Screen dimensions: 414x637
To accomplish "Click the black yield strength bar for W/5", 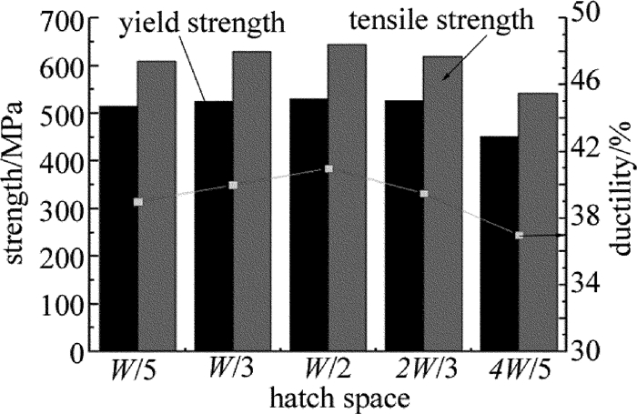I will pyautogui.click(x=119, y=227).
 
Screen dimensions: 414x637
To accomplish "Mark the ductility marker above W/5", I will pyautogui.click(x=138, y=202).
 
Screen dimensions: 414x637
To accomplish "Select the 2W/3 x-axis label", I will pyautogui.click(x=423, y=374).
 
